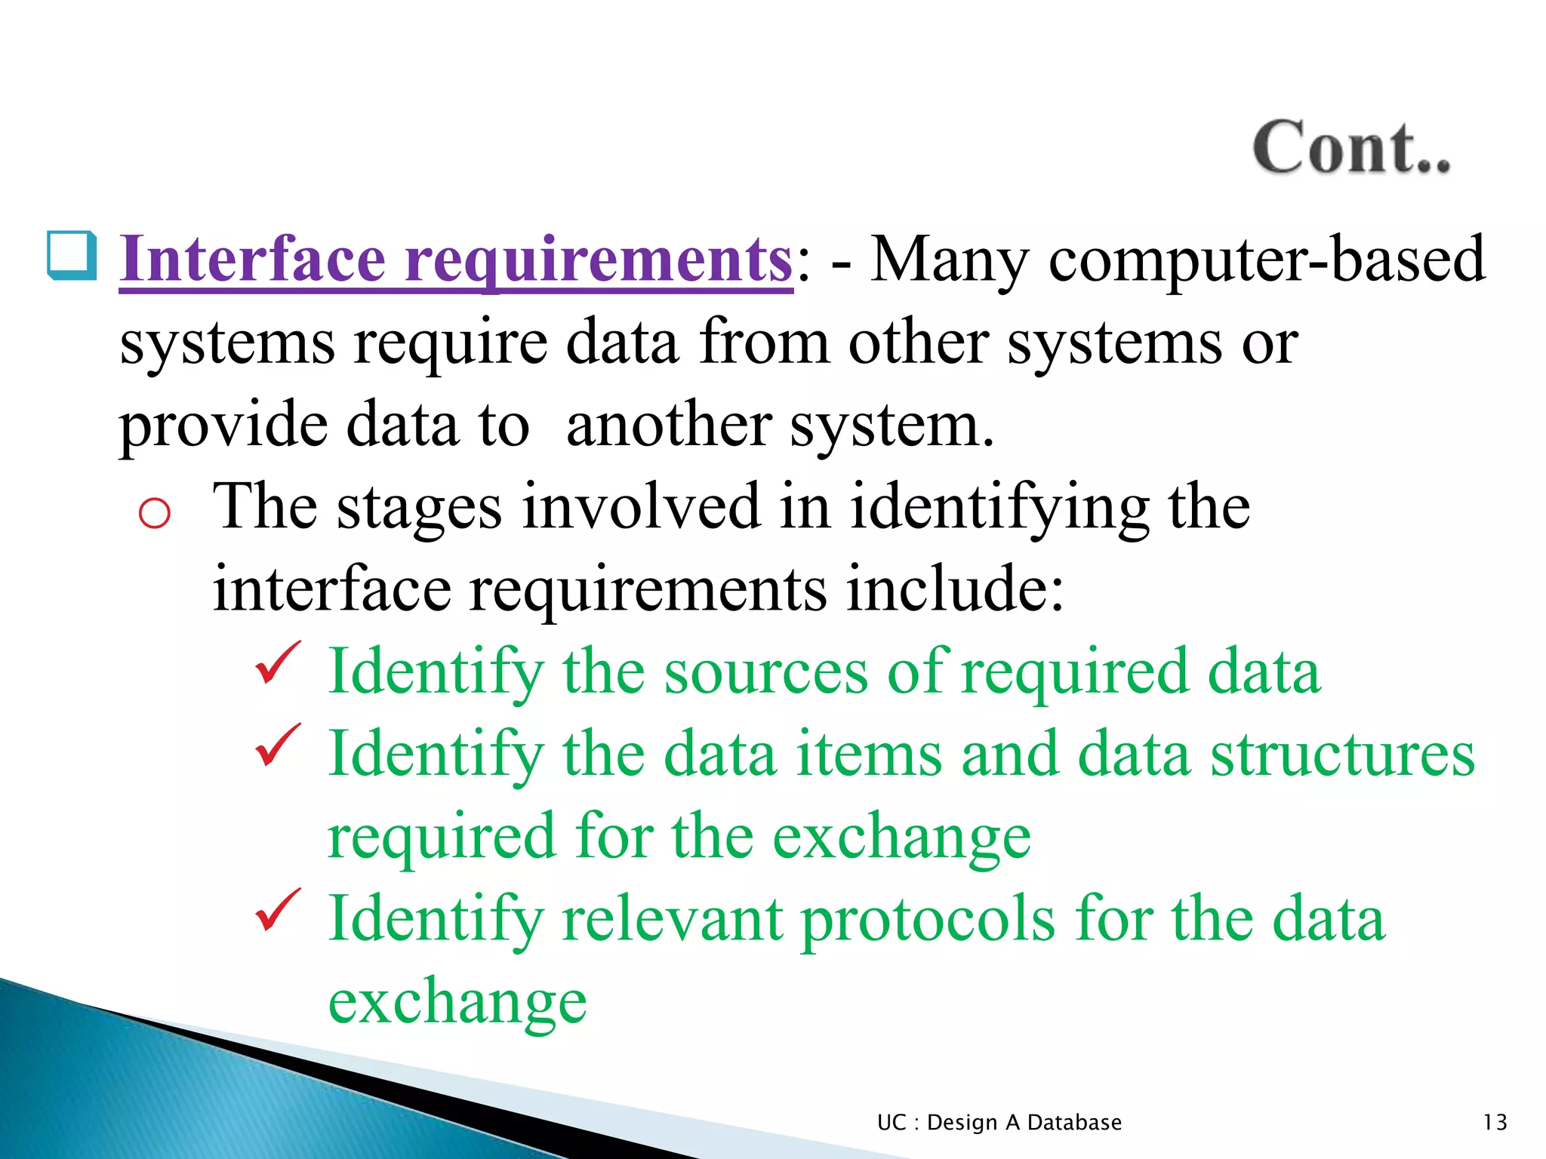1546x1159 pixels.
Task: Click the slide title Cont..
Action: tap(1350, 148)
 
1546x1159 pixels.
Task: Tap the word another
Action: tap(668, 425)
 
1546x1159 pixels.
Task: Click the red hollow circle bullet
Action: tap(155, 514)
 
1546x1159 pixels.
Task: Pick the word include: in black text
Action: tap(955, 589)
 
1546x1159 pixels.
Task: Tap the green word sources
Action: tap(765, 672)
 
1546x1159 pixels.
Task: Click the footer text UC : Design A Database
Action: tap(999, 1122)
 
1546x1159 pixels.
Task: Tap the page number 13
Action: tap(1495, 1122)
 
